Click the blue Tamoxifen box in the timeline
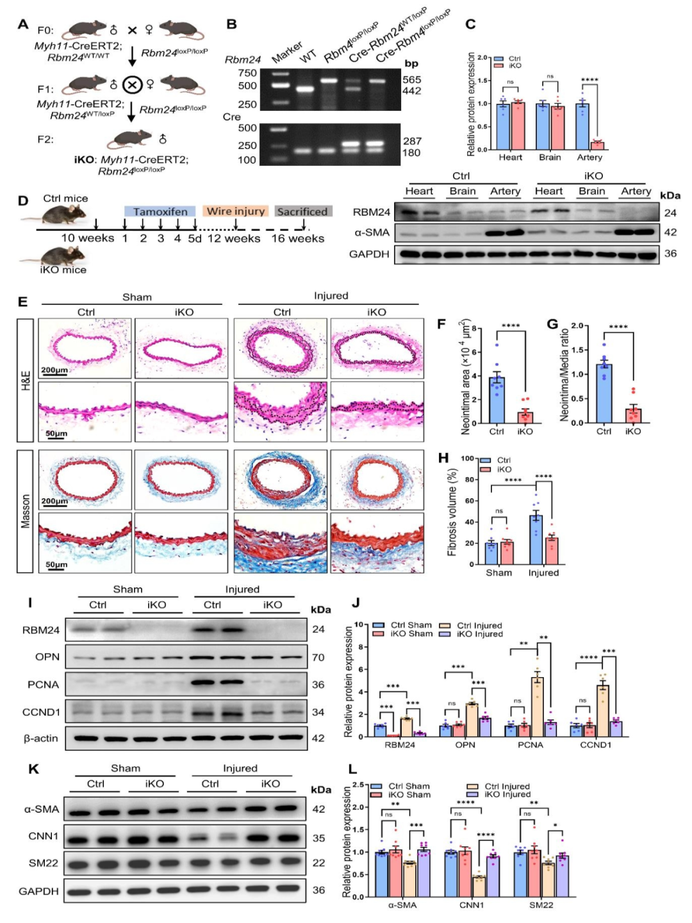pos(160,211)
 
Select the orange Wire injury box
pos(235,211)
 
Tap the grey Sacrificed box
pos(302,211)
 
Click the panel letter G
pos(552,324)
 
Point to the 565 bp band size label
pos(411,79)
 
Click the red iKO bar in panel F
pos(525,417)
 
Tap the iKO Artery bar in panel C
pos(597,145)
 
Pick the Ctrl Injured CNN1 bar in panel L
pos(477,886)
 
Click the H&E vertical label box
pos(25,380)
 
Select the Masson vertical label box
pos(25,511)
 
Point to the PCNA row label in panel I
pos(43,685)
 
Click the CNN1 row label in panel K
pos(43,836)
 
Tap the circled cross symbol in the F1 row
pos(132,84)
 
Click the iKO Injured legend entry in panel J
pos(471,634)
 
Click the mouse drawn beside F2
pos(130,138)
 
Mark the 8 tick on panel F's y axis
pos(474,329)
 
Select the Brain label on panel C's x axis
pos(550,158)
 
